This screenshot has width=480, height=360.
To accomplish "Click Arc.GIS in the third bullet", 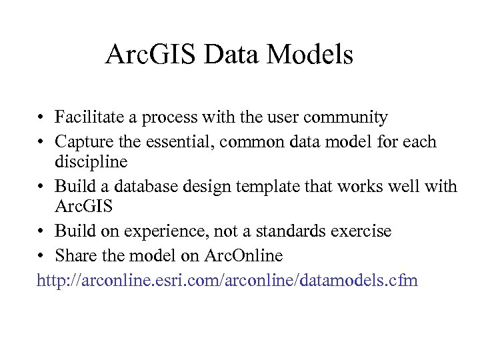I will tap(83, 207).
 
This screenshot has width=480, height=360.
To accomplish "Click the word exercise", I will tap(365, 231).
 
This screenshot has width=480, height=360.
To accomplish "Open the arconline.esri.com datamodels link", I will tap(227, 280).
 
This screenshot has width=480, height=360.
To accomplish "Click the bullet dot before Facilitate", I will tap(41, 119).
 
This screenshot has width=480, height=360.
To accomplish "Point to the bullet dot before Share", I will tap(41, 256).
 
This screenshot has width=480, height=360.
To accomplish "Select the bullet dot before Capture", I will tap(41, 142).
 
